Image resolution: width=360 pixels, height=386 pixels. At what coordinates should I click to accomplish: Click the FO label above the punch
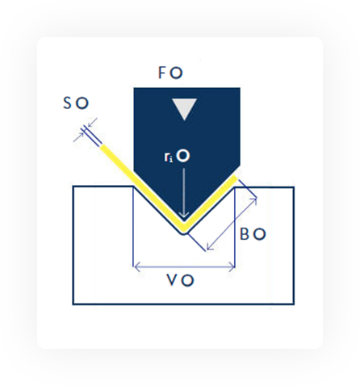coord(170,73)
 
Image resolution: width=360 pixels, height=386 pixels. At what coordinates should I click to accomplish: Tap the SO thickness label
coord(76,103)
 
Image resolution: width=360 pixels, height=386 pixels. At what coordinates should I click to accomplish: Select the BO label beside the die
coord(253,234)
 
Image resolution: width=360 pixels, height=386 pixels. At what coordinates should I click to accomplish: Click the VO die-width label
coord(180,280)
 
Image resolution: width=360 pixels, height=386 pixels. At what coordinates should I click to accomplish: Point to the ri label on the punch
coord(169,157)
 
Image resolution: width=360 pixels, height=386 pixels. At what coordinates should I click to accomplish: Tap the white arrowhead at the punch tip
coord(184,215)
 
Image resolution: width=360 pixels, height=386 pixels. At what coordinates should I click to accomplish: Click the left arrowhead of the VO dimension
coord(137,267)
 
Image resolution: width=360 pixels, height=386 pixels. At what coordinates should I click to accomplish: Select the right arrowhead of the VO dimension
coord(232,267)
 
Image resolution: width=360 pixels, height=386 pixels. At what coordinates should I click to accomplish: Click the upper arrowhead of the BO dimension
coord(253,200)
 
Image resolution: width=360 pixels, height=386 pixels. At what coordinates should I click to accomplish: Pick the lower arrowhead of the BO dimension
coord(210,247)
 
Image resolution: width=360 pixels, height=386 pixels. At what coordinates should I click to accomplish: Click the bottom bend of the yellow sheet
coord(184,229)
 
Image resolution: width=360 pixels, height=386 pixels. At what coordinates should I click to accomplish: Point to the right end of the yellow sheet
coord(236,178)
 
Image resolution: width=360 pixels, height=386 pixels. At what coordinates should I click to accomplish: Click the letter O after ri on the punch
coord(184,156)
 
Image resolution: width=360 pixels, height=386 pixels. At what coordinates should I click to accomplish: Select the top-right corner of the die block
coord(294,187)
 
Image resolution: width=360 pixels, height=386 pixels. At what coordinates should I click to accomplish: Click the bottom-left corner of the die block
coord(73,304)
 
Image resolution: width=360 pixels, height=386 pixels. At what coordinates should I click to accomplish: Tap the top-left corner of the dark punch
coord(134,88)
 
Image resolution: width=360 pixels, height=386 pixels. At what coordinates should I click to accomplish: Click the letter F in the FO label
coord(162,73)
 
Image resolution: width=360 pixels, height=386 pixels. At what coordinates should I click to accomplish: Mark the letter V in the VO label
coord(173,280)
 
